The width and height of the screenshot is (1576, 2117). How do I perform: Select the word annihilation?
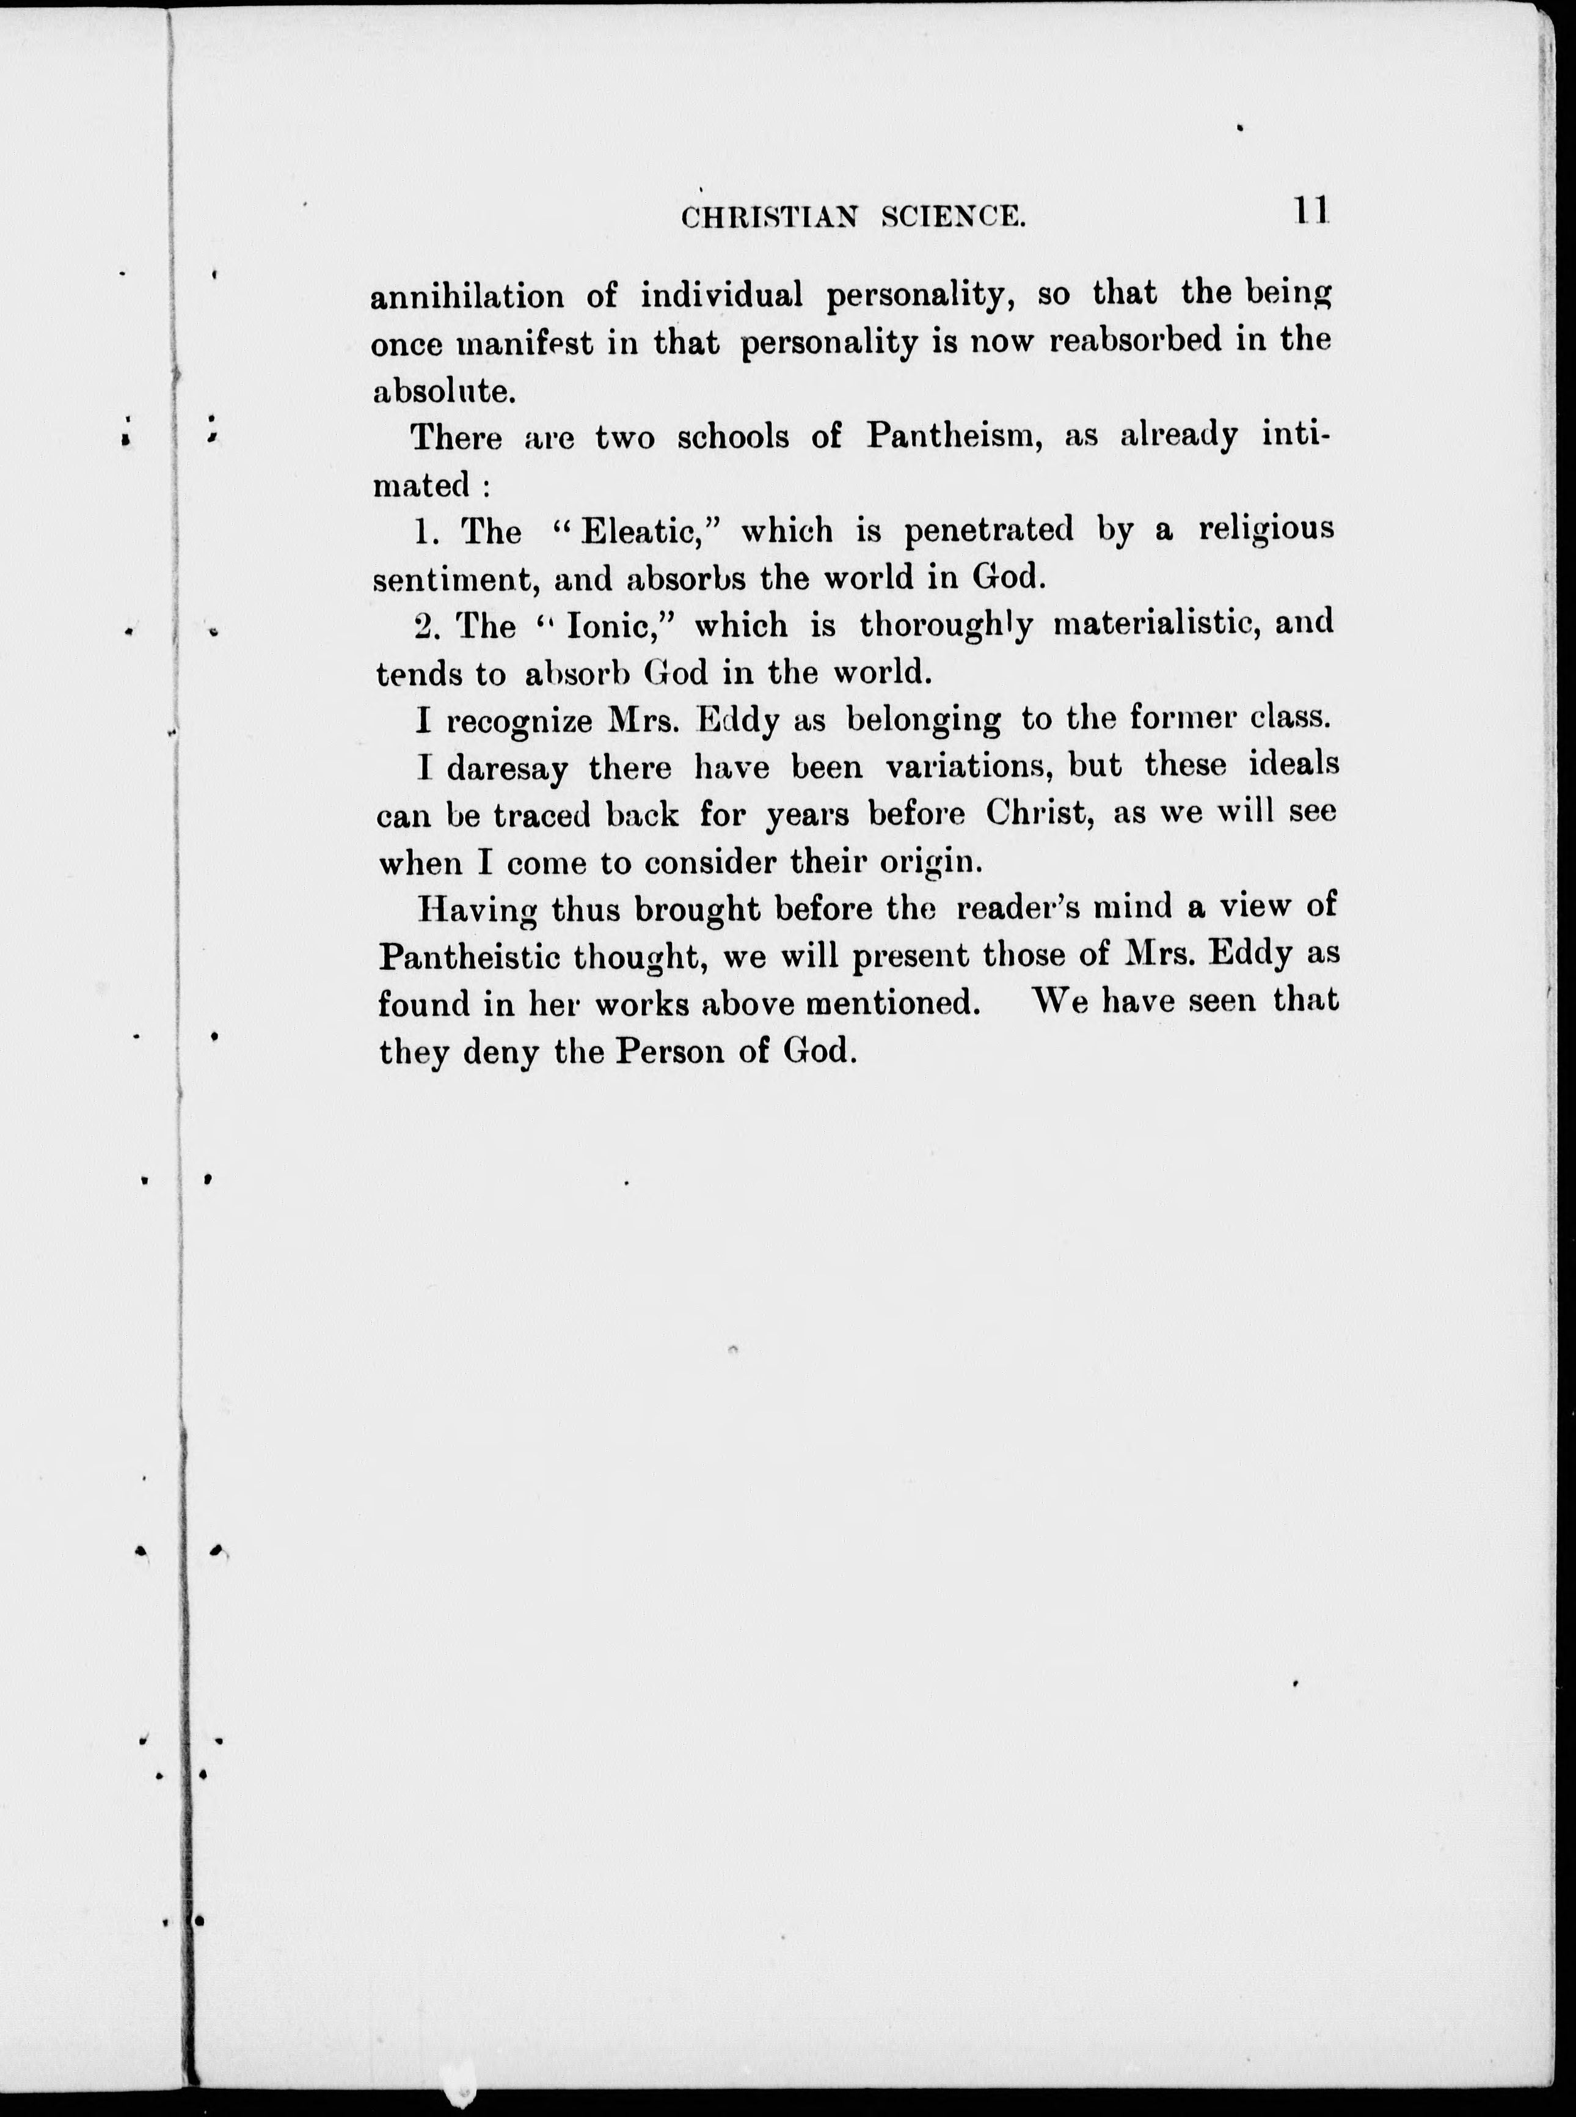pos(467,297)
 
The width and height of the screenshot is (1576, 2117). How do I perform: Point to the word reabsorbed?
pos(1134,342)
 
